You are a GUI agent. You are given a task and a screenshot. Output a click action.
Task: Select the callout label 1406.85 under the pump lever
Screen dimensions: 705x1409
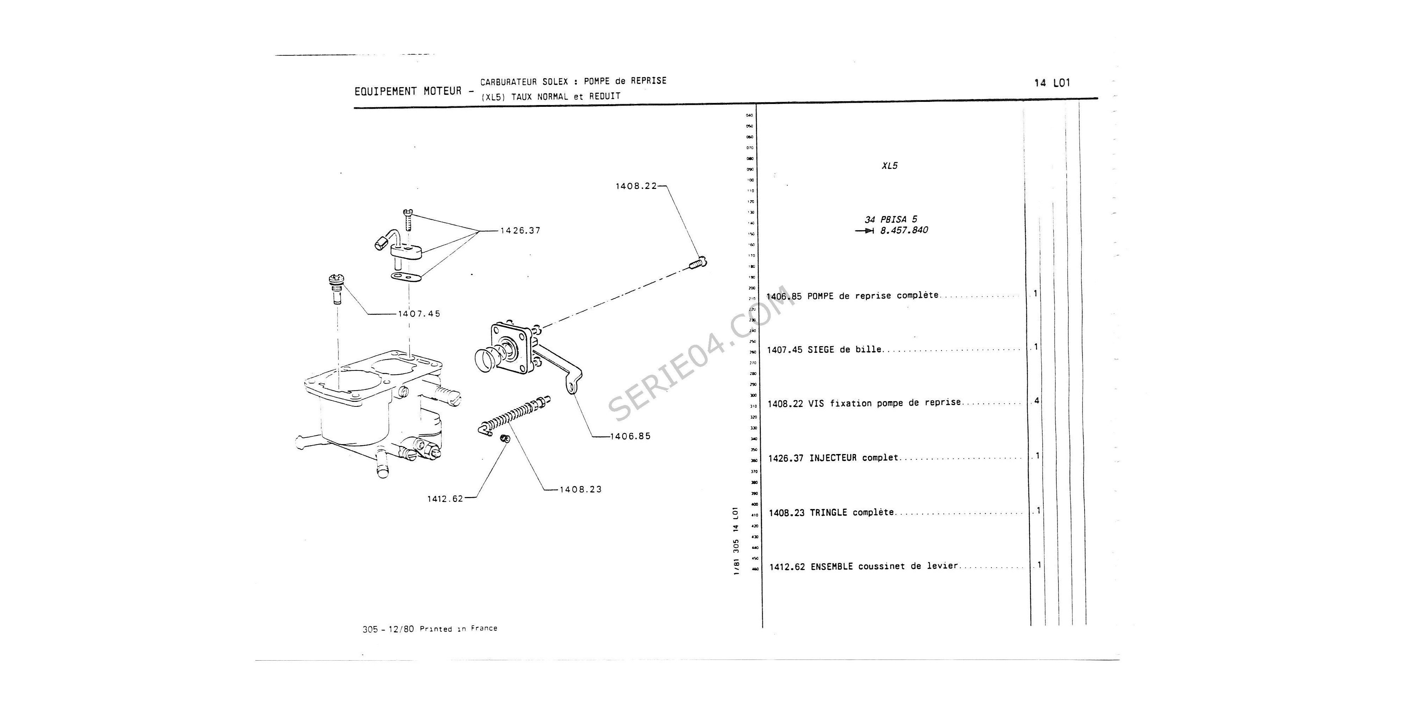point(630,436)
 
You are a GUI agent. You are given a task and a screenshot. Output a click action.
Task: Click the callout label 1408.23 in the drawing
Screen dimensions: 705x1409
point(581,489)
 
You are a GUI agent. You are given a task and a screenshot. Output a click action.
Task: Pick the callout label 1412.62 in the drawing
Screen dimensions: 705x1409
point(445,499)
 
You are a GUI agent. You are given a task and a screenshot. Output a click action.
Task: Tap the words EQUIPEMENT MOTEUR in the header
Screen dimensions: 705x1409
point(408,91)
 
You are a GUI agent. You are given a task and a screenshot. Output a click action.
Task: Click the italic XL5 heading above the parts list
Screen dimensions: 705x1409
point(889,166)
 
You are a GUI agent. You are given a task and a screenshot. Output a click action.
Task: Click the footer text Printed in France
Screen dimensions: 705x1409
point(458,629)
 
